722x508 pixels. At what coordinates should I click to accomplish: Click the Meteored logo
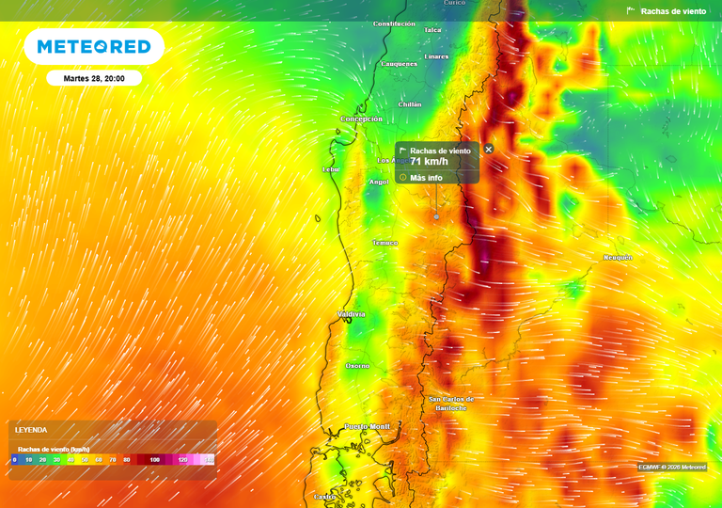tap(94, 46)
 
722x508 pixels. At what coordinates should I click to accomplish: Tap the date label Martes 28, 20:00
tap(94, 78)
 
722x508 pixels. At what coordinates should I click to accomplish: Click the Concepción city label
tap(361, 119)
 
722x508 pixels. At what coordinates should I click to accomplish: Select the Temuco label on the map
tap(385, 243)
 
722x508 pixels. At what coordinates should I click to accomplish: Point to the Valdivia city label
tap(352, 314)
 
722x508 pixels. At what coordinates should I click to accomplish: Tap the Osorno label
tap(357, 366)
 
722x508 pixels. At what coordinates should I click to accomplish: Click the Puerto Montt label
tap(367, 427)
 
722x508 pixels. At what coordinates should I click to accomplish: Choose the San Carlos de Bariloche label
tap(451, 404)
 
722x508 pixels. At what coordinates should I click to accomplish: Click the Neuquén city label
tap(618, 257)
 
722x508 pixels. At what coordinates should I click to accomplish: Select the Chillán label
tap(410, 104)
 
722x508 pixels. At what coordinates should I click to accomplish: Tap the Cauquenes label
tap(399, 64)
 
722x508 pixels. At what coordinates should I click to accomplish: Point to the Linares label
tap(436, 56)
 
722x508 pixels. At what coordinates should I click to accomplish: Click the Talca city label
tap(432, 30)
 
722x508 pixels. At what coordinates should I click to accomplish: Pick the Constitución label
tap(394, 24)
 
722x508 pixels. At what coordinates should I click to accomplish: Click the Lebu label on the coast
tap(330, 170)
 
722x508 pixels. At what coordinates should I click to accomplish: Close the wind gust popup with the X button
tap(489, 150)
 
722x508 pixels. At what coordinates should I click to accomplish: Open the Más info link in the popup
tap(426, 177)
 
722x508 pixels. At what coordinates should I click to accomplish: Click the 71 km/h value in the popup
tap(430, 162)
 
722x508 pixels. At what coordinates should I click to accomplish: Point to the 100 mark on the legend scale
tap(155, 460)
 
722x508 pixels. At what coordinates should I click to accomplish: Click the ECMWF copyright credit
tap(672, 468)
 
